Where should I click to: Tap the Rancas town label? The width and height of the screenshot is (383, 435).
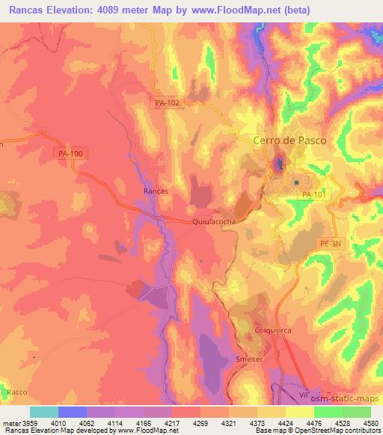[155, 191]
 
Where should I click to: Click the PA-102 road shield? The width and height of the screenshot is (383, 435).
[168, 103]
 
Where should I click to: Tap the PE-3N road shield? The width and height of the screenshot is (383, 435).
[331, 243]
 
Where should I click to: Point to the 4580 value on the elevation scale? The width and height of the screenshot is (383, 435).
[370, 423]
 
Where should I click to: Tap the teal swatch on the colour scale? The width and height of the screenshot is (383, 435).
[44, 412]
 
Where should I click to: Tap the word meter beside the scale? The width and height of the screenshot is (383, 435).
[11, 423]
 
